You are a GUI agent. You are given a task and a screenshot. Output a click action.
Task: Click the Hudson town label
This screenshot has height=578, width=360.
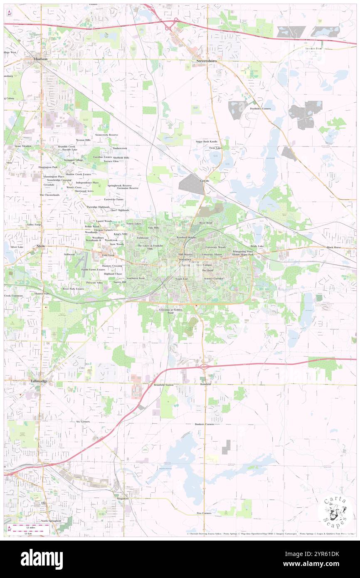[41, 59]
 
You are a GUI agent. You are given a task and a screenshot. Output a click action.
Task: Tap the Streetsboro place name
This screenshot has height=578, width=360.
[207, 61]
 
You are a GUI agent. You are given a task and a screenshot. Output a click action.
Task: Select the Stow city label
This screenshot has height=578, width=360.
[41, 246]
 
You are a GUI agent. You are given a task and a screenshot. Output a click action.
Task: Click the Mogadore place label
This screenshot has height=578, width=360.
[122, 498]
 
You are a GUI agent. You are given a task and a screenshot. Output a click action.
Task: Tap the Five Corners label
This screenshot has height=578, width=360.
[204, 513]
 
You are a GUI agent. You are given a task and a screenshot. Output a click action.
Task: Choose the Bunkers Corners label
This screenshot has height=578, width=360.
[204, 424]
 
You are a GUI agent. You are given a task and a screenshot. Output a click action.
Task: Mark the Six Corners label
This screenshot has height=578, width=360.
[83, 421]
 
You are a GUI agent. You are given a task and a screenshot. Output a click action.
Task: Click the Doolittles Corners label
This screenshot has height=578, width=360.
[260, 109]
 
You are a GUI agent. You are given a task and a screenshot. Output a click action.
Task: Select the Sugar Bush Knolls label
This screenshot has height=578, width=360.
[207, 141]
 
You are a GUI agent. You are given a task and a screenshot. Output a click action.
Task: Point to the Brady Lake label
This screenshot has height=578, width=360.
[257, 246]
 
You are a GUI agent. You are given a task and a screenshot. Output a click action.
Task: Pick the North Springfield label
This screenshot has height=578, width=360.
[51, 521]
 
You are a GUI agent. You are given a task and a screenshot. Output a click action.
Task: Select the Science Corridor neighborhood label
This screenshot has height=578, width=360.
[214, 278]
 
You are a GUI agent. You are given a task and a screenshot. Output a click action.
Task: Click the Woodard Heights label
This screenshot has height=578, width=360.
[186, 237]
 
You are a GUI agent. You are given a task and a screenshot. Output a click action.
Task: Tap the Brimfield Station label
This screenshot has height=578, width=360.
[163, 385]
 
